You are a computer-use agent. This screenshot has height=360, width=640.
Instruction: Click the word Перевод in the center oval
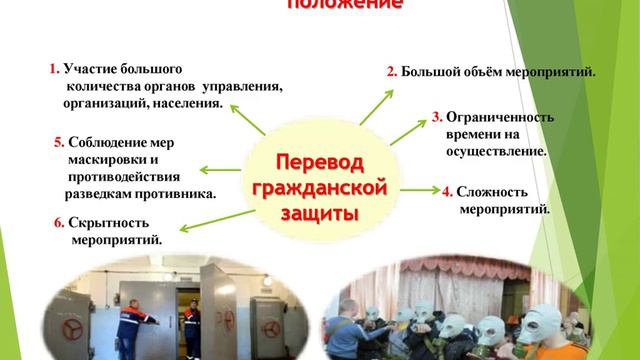pyautogui.click(x=321, y=162)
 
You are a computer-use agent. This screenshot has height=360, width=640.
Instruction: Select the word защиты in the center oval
pyautogui.click(x=321, y=212)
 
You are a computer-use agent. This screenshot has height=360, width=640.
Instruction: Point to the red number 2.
pyautogui.click(x=392, y=71)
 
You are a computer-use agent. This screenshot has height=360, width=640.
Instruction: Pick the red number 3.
pyautogui.click(x=437, y=117)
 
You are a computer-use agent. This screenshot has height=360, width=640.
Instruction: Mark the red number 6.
pyautogui.click(x=59, y=222)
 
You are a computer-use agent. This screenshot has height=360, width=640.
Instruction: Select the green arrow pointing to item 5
pyautogui.click(x=219, y=170)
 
